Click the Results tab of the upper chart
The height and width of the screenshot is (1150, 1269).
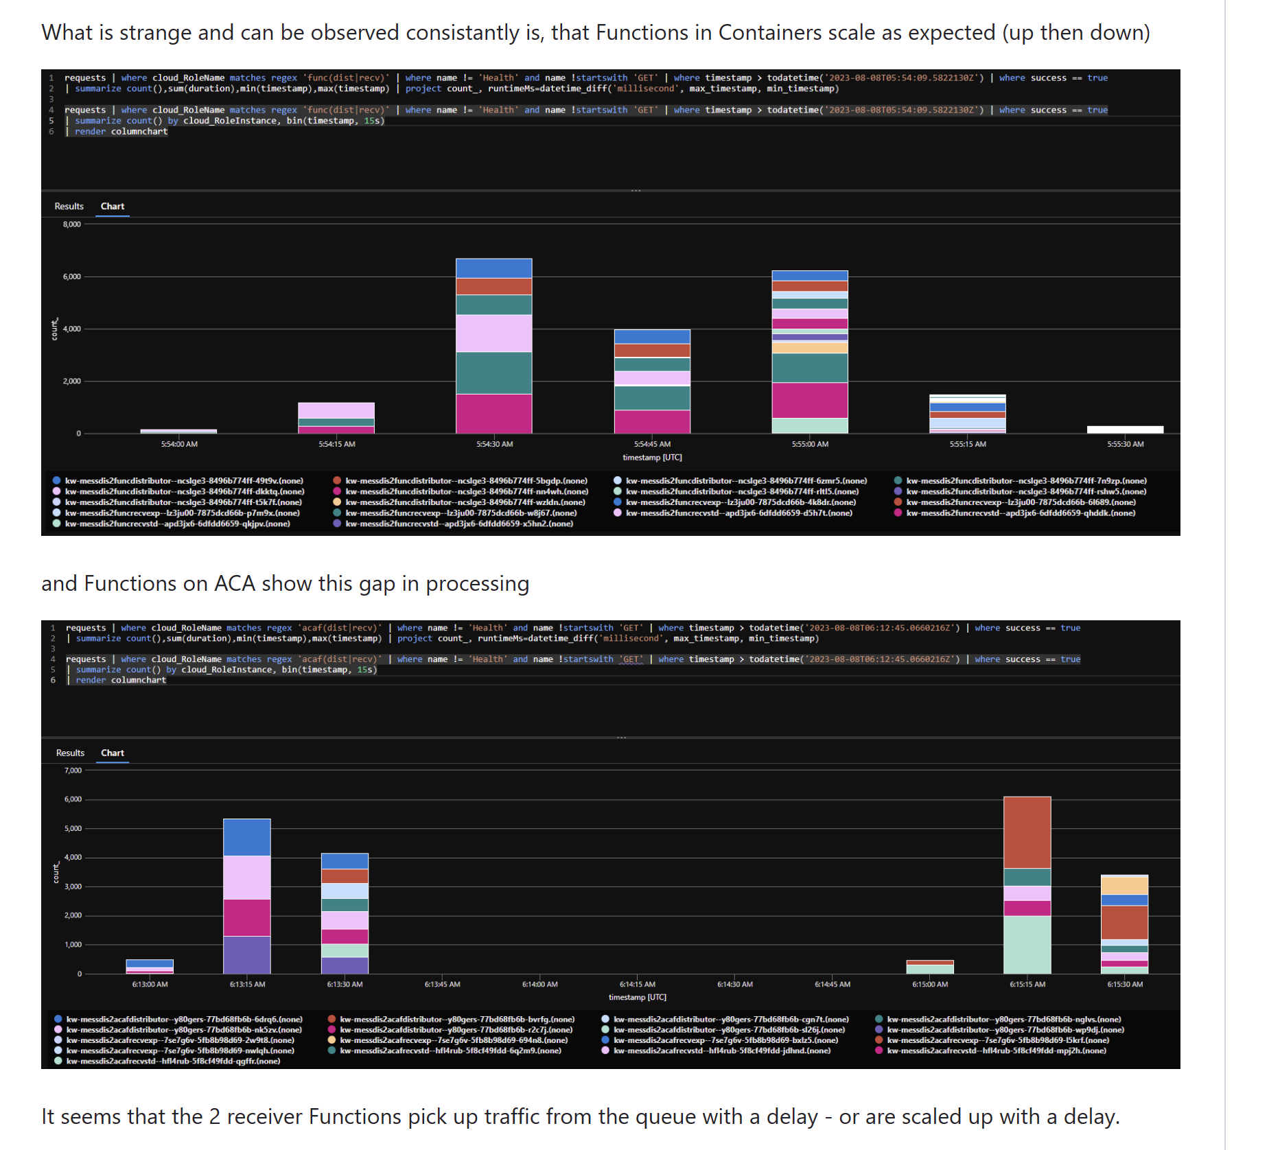69,206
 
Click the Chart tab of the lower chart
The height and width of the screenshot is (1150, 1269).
113,753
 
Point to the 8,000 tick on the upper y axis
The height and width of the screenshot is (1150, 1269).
71,224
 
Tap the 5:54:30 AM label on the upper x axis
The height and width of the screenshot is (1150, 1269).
494,444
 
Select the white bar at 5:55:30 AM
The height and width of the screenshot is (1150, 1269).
1125,430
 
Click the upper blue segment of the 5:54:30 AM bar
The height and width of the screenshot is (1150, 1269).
494,268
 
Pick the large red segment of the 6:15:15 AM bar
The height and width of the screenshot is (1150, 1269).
1027,832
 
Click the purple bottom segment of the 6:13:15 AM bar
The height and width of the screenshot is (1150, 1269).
247,954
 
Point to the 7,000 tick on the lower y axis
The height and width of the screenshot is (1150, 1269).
73,771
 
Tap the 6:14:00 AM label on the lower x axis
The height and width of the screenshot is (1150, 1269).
539,984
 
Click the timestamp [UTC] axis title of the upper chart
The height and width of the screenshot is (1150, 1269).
652,457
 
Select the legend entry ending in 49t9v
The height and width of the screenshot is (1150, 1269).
184,481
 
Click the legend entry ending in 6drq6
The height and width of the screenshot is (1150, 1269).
184,1019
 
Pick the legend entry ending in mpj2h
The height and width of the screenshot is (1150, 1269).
996,1051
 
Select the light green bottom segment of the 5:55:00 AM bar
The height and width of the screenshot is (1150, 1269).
810,425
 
